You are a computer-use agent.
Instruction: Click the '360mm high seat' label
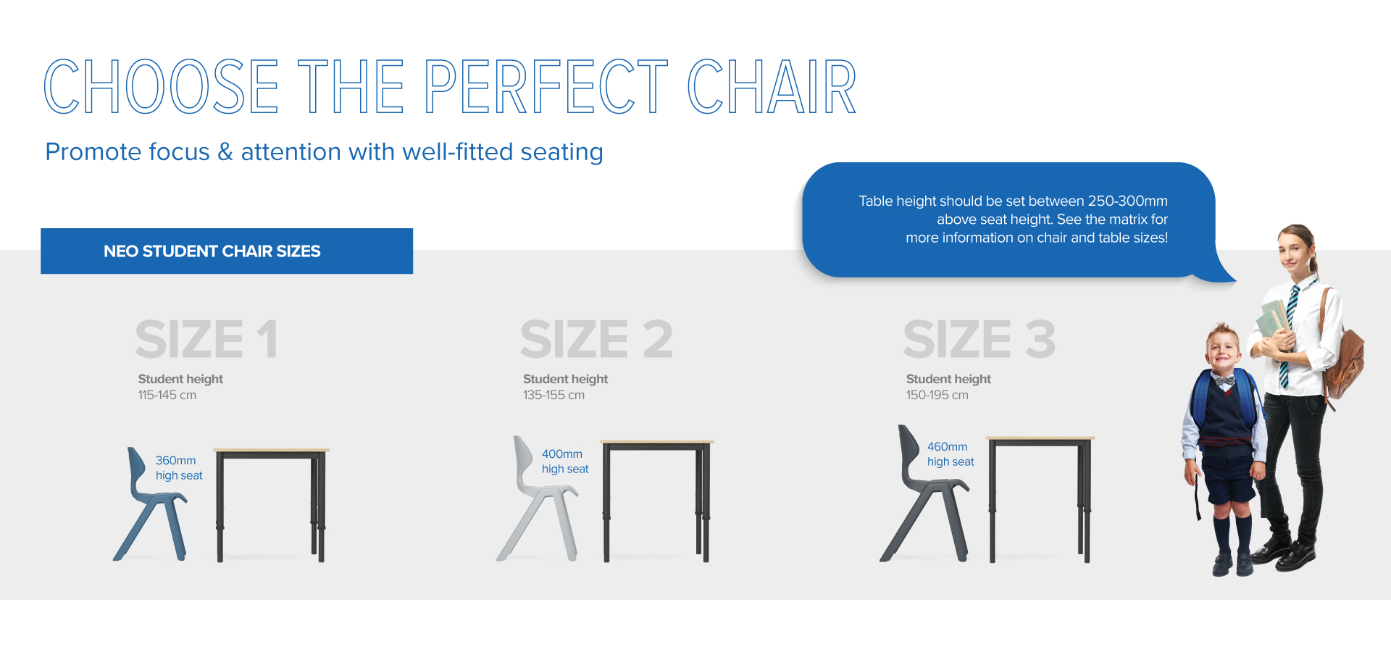tap(179, 468)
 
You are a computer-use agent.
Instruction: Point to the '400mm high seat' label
tap(565, 461)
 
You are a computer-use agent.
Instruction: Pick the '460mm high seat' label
tap(951, 454)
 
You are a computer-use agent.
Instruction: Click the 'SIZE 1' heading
tap(206, 339)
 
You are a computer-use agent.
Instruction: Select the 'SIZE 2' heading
tap(596, 339)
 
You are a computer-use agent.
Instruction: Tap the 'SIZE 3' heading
tap(979, 339)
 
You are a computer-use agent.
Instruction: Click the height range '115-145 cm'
tap(167, 395)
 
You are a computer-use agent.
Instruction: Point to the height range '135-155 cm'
tap(554, 395)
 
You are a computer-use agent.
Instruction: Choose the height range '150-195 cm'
tap(937, 395)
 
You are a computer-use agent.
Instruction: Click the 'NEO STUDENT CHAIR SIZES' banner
tap(227, 251)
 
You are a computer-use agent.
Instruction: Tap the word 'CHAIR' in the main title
tap(772, 87)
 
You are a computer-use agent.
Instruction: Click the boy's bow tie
tap(1224, 380)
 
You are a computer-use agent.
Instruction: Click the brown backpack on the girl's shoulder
tap(1344, 355)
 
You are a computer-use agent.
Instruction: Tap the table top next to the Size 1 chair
tap(271, 451)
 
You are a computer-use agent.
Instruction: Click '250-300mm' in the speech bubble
tap(1127, 201)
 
